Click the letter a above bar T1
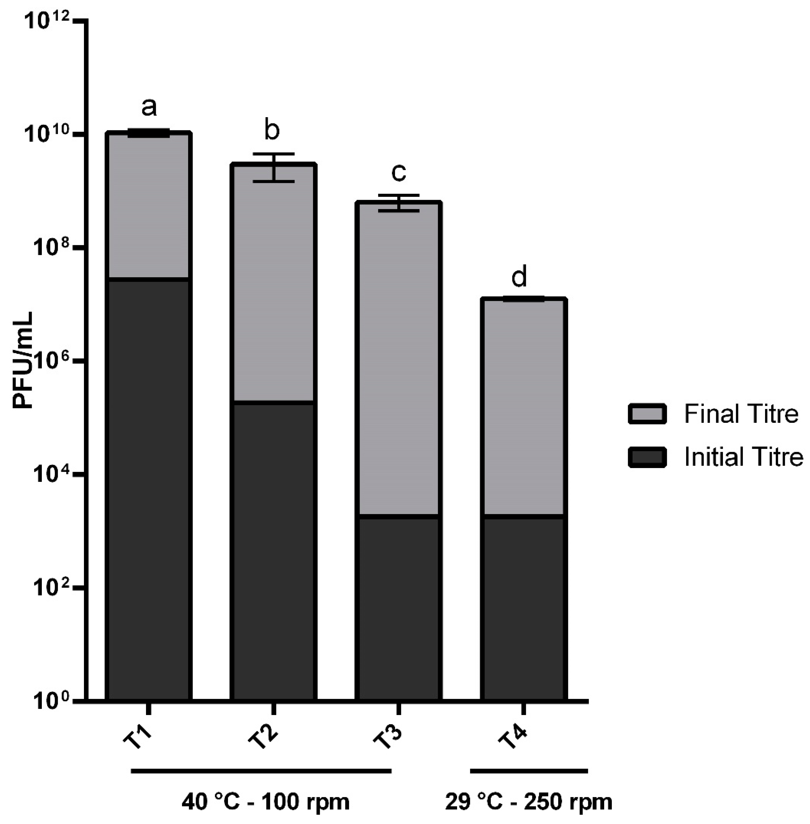(149, 107)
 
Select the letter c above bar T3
(399, 172)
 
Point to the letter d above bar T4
(519, 277)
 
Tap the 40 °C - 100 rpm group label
(266, 803)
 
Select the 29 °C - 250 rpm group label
(529, 803)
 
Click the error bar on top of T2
(274, 167)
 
